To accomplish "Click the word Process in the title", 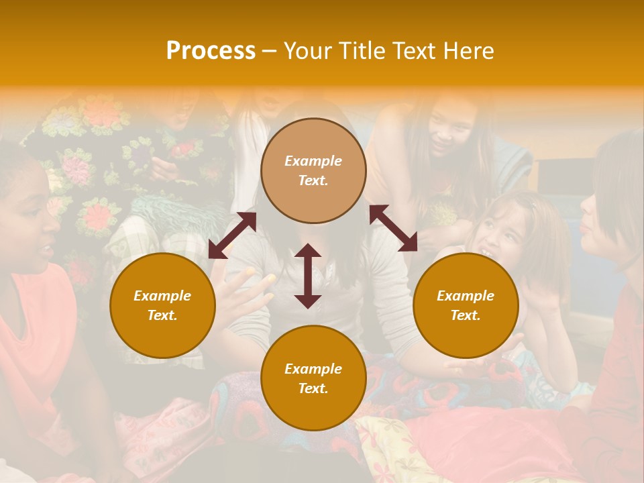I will (211, 51).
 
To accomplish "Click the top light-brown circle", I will (313, 170).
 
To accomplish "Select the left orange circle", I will (162, 305).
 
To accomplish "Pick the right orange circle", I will (466, 305).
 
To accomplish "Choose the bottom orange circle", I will (313, 378).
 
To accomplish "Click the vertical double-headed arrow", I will (308, 276).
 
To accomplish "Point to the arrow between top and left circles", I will (232, 235).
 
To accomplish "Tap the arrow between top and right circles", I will (393, 228).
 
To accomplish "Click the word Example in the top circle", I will (313, 161).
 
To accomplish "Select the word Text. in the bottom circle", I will (313, 388).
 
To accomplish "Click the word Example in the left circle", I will (162, 296).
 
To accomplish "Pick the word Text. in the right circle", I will (466, 315).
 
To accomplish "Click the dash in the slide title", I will (270, 51).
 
